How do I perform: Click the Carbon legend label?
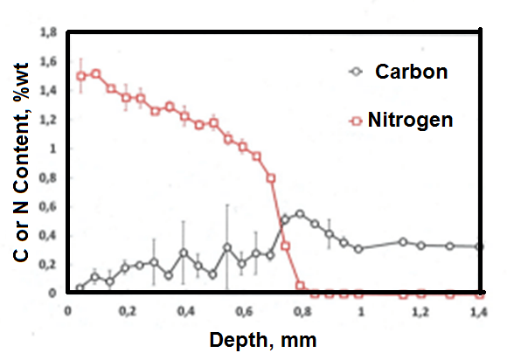point(411,72)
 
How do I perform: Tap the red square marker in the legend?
point(356,120)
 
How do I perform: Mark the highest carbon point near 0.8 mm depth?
point(300,213)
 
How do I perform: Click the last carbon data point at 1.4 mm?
point(478,246)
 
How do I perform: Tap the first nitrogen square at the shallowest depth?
point(81,76)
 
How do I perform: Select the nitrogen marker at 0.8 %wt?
point(271,177)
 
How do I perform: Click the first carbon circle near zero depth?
point(80,287)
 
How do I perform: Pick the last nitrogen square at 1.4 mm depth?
point(478,294)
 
